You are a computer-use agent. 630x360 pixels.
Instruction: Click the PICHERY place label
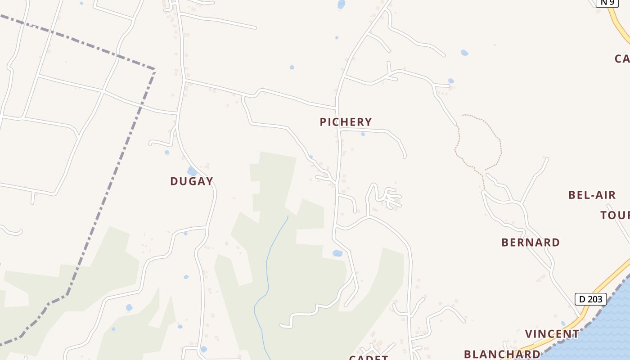[x=346, y=122]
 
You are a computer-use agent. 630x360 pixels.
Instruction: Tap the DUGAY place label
[x=192, y=181]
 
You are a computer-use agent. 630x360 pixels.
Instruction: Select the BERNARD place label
[x=531, y=243]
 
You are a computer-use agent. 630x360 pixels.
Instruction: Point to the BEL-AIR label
[x=592, y=195]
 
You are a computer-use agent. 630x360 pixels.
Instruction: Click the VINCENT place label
[x=552, y=334]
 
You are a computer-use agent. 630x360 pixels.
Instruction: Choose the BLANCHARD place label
[x=502, y=354]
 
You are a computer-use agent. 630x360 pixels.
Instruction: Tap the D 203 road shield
[x=590, y=299]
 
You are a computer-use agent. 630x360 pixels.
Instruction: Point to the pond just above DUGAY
[x=192, y=171]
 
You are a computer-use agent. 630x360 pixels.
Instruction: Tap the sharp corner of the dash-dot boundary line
[x=154, y=70]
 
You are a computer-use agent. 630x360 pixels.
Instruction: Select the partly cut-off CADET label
[x=369, y=357]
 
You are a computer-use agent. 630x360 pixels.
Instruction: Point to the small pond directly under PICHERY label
[x=363, y=134]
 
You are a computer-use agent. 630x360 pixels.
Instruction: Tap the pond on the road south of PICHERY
[x=337, y=253]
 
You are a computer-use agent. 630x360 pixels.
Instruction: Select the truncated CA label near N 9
[x=622, y=59]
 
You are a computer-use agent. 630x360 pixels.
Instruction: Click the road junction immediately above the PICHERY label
[x=337, y=108]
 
